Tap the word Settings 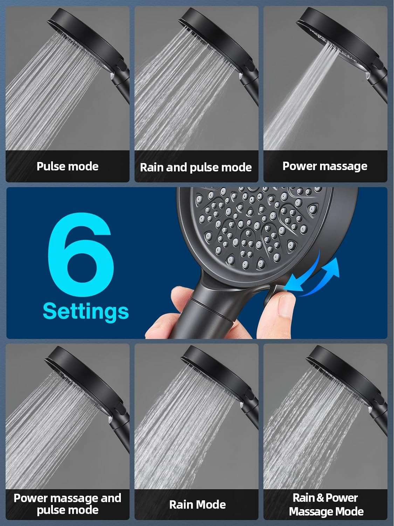pyautogui.click(x=86, y=311)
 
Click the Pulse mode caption pyautogui.click(x=68, y=166)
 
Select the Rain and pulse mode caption pyautogui.click(x=196, y=167)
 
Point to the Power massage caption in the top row pyautogui.click(x=325, y=166)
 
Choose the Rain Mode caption pyautogui.click(x=197, y=505)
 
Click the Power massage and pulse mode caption pyautogui.click(x=68, y=504)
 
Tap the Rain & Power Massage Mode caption pyautogui.click(x=326, y=504)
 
